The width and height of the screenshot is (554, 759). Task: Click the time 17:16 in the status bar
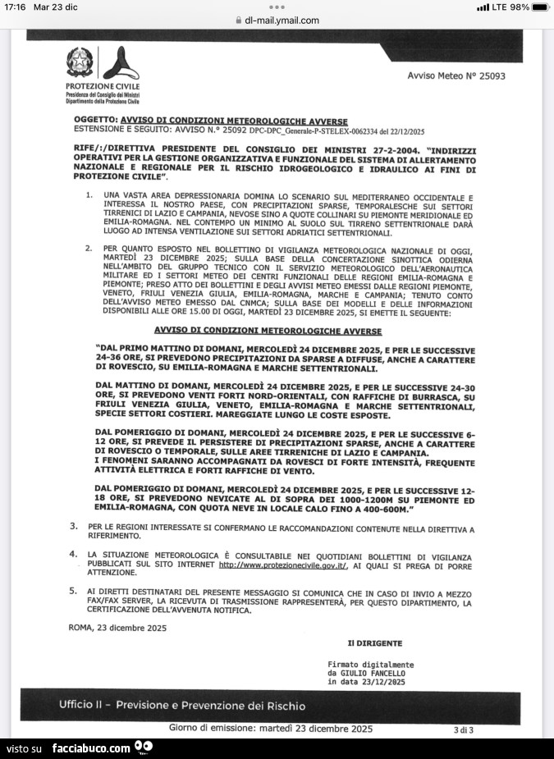tap(15, 7)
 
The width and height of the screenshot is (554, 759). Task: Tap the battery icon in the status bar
tap(539, 7)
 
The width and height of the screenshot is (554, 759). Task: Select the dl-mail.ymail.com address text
tap(282, 21)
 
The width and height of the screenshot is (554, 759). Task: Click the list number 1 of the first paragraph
tap(89, 195)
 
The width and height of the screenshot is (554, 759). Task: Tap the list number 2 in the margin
tap(89, 247)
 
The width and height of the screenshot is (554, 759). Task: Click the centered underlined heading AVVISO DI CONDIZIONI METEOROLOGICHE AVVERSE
tap(268, 331)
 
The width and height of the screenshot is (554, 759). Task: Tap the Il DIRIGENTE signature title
tap(374, 643)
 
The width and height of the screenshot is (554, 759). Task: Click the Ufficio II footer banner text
tap(182, 705)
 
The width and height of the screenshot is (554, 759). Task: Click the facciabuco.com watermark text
tap(90, 748)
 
